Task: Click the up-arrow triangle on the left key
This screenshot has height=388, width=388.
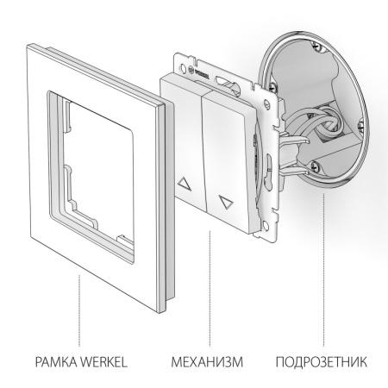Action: (x=184, y=185)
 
